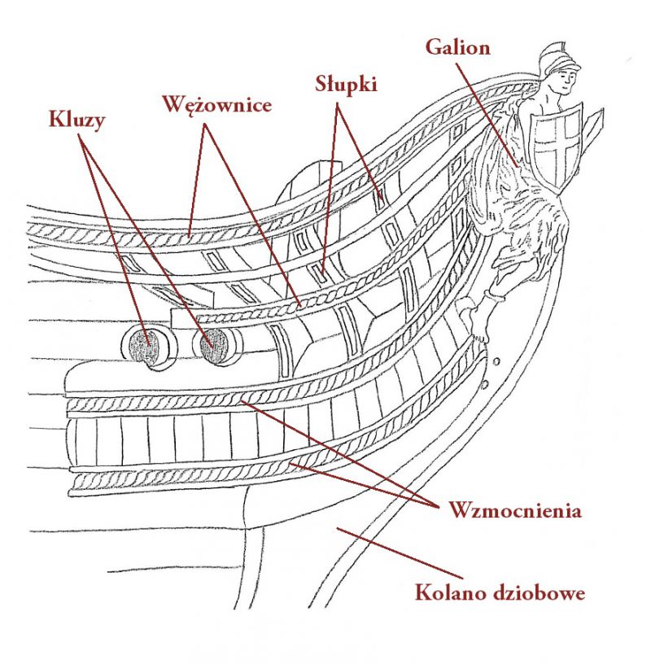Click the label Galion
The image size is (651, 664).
coord(458,47)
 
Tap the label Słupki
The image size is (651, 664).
coord(346,85)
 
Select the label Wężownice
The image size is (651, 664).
coord(217,104)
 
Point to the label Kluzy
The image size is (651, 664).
coord(76,120)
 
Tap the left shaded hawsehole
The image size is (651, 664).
coord(144,346)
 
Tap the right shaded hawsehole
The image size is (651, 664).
coord(215,346)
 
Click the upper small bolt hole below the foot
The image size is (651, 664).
coord(497,361)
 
